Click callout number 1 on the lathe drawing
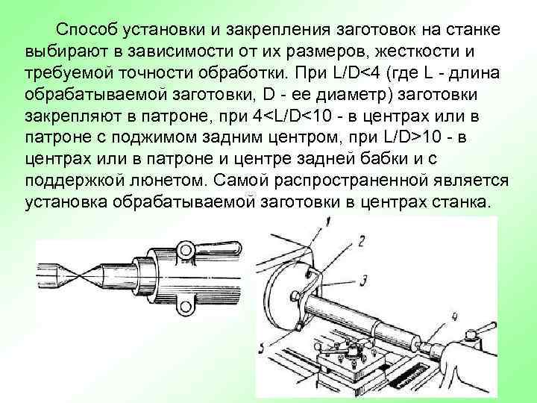[328, 221]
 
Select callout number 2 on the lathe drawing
[361, 240]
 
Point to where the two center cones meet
[74, 269]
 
